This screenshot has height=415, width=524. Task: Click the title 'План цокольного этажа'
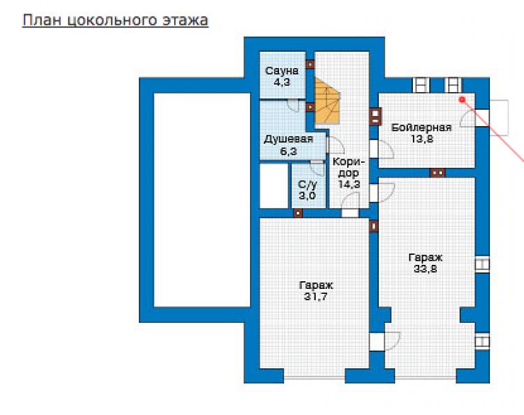point(115,20)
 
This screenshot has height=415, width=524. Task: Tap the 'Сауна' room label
point(282,71)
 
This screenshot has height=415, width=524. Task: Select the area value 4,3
point(282,82)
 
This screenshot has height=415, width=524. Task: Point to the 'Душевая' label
point(288,139)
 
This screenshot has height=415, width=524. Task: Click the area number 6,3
point(288,152)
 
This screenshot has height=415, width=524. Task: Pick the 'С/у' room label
point(307,184)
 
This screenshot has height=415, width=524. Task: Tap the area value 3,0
point(307,195)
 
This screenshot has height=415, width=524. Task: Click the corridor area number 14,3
point(349,184)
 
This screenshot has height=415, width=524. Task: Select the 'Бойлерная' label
point(421,127)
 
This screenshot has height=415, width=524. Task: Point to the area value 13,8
point(422,139)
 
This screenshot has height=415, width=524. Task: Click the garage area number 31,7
point(316,297)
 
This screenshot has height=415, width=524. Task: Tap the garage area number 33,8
point(426,268)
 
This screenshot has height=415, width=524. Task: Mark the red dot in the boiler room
point(462,100)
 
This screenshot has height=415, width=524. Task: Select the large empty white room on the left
point(202,200)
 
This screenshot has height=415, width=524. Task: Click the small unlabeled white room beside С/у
point(274,186)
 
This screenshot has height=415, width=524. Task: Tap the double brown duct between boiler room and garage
point(438,173)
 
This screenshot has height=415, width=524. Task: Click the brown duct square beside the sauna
point(310,64)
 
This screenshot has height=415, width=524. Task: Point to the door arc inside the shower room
point(293,106)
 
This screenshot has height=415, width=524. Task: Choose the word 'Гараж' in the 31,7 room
point(316,285)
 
